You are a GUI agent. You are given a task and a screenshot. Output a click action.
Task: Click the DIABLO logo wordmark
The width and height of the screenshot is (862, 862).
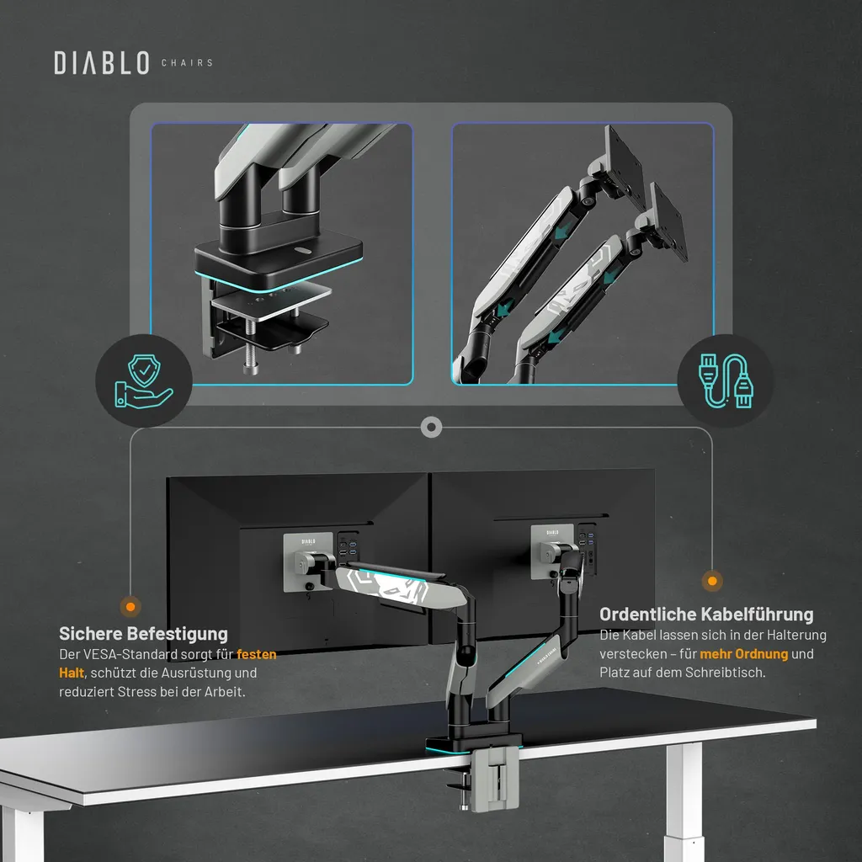coord(102,62)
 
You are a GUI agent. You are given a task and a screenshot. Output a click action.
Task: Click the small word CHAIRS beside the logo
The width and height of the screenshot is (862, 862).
coord(187,62)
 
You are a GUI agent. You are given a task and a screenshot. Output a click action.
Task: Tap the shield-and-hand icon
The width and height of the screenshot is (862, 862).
coord(143,381)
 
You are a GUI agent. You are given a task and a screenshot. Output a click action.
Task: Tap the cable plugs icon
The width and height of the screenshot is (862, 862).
coord(726,381)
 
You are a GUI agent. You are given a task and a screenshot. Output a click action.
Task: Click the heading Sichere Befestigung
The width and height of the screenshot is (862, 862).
coord(143,633)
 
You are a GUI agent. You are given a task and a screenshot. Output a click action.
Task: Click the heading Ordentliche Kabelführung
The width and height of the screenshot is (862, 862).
coord(706,614)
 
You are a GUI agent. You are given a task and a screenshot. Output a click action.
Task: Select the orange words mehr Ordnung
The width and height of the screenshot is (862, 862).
coord(744,653)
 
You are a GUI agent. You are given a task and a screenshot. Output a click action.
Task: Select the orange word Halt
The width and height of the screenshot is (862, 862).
coord(72,673)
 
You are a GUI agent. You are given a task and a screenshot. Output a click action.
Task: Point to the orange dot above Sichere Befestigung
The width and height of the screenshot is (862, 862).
coord(130,607)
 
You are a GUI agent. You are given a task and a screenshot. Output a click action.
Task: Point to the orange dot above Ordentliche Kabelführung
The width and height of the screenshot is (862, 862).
coord(712,581)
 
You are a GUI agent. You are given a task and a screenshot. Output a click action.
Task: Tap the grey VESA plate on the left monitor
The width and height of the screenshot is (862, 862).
coord(308,561)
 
